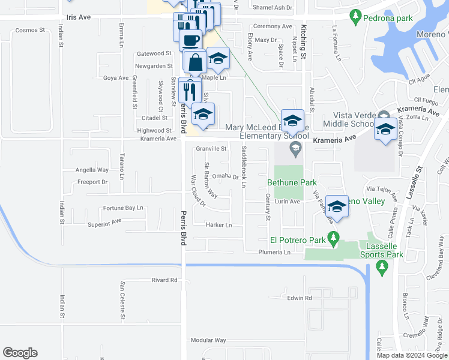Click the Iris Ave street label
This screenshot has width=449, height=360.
pos(79,17)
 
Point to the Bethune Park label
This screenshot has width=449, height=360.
pos(292,182)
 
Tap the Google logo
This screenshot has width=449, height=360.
pos(20,353)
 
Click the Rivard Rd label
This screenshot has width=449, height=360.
pos(164,280)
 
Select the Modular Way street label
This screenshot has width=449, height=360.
pos(208,340)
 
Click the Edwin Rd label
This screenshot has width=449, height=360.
pos(300,298)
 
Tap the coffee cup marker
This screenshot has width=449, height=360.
pos(191,41)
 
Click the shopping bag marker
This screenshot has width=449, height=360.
pos(195,62)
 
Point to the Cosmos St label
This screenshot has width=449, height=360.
pos(30,30)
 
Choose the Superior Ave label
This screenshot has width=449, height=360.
pos(104,221)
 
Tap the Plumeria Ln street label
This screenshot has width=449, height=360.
pos(274,253)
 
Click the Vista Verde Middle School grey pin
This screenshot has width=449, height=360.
pos(383,116)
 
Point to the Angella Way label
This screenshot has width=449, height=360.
pos(92,170)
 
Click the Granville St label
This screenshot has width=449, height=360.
pos(211,149)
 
